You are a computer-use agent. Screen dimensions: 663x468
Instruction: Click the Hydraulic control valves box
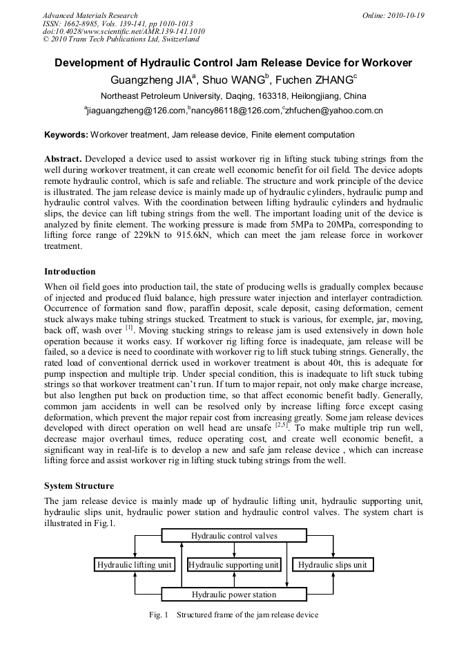click(x=234, y=536)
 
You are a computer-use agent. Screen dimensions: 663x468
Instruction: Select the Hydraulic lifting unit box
click(x=134, y=565)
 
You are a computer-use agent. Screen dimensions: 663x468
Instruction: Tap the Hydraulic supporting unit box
click(x=234, y=565)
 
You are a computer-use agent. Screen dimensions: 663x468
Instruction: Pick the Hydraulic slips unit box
click(x=332, y=565)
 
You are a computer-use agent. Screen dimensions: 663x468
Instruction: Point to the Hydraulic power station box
click(x=234, y=595)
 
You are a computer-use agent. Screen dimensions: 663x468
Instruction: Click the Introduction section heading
click(x=70, y=271)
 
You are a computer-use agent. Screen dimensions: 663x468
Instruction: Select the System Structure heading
click(x=79, y=486)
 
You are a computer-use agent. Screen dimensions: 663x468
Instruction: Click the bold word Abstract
click(x=63, y=158)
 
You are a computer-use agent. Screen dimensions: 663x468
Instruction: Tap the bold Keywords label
click(x=66, y=135)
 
